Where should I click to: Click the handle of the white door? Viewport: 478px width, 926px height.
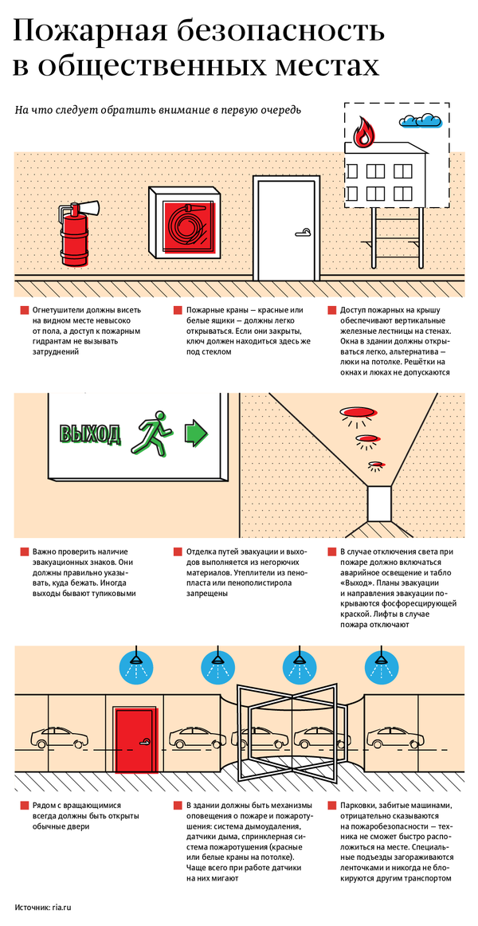coord(304,232)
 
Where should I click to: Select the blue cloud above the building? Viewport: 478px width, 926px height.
coord(420,120)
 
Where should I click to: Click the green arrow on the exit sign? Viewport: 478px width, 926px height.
coord(198,432)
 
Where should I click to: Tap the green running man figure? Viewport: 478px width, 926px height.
coord(153,434)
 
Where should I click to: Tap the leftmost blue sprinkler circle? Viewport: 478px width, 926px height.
coord(136,666)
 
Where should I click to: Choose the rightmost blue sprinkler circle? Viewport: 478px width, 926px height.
coord(380,666)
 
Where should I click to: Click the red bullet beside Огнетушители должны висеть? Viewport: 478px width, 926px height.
coord(24,310)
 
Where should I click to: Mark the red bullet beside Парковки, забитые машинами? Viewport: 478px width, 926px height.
coord(331,805)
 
